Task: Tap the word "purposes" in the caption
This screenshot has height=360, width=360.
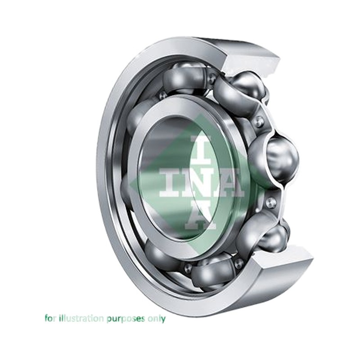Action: point(126,319)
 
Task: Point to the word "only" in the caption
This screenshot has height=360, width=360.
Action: point(157,319)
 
